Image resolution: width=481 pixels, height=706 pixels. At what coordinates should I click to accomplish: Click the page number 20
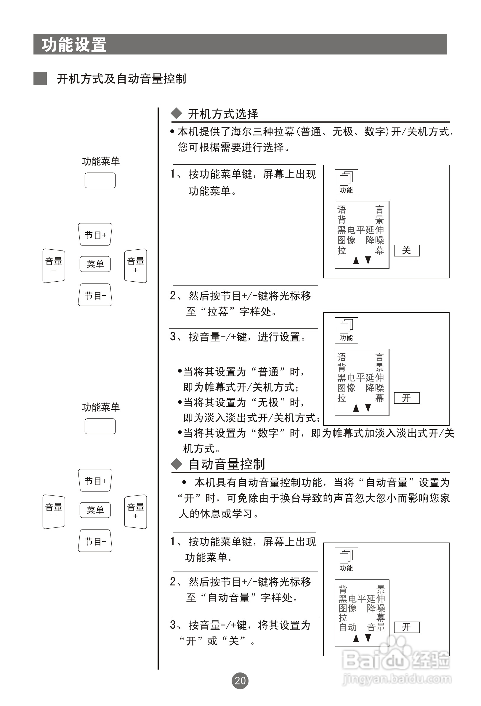pos(240,681)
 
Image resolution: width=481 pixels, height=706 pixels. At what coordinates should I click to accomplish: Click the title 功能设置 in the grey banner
pos(74,45)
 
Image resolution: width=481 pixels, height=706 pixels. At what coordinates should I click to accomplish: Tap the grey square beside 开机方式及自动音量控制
pos(40,79)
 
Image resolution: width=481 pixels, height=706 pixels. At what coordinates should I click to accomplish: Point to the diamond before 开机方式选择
pos(176,114)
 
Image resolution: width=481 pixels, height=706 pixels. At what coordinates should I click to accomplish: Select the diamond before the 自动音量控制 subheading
pos(176,464)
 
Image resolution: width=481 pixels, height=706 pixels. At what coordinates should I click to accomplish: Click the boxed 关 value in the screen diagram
pos(407,251)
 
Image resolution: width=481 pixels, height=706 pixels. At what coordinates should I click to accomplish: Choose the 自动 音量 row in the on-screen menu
pos(362,627)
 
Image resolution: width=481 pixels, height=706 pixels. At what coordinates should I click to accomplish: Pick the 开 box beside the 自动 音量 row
pos(407,627)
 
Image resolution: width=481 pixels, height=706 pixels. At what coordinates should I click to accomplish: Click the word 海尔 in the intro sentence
pos(241,132)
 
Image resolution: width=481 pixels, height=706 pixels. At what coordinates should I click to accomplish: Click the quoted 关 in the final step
pos(234,641)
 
